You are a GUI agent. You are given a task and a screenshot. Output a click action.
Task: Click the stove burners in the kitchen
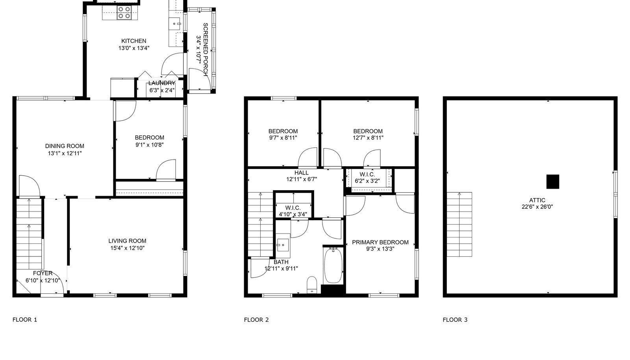[x=124, y=13]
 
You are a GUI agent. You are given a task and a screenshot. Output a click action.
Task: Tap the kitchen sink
[x=176, y=24]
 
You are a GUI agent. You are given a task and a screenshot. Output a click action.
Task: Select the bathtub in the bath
[x=333, y=265]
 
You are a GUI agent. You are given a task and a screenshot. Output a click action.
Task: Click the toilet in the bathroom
[x=311, y=285]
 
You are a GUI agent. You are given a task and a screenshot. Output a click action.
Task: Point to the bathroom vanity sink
[x=283, y=245]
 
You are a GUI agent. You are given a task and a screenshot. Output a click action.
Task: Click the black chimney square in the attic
[x=553, y=182]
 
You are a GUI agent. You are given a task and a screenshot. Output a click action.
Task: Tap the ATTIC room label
[x=537, y=200]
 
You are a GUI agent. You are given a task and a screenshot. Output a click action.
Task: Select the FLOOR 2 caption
[x=256, y=320]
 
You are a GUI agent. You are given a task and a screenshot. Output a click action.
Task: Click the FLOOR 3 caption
[x=455, y=320]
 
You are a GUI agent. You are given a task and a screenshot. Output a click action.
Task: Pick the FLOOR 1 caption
[x=25, y=319]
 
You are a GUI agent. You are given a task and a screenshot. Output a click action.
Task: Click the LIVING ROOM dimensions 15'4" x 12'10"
[x=128, y=248]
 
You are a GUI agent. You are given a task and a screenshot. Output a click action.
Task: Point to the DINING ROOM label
[x=65, y=146]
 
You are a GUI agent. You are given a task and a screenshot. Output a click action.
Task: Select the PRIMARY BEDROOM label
[x=380, y=243]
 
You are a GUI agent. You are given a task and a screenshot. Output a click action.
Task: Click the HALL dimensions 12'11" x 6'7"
[x=302, y=179]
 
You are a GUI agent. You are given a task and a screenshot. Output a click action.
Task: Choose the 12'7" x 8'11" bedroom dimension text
[x=368, y=138]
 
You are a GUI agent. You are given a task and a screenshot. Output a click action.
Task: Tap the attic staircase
[x=460, y=225]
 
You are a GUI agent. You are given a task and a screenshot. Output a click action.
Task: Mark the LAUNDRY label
[x=162, y=83]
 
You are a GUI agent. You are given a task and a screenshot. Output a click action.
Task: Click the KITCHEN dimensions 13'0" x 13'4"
[x=134, y=48]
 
